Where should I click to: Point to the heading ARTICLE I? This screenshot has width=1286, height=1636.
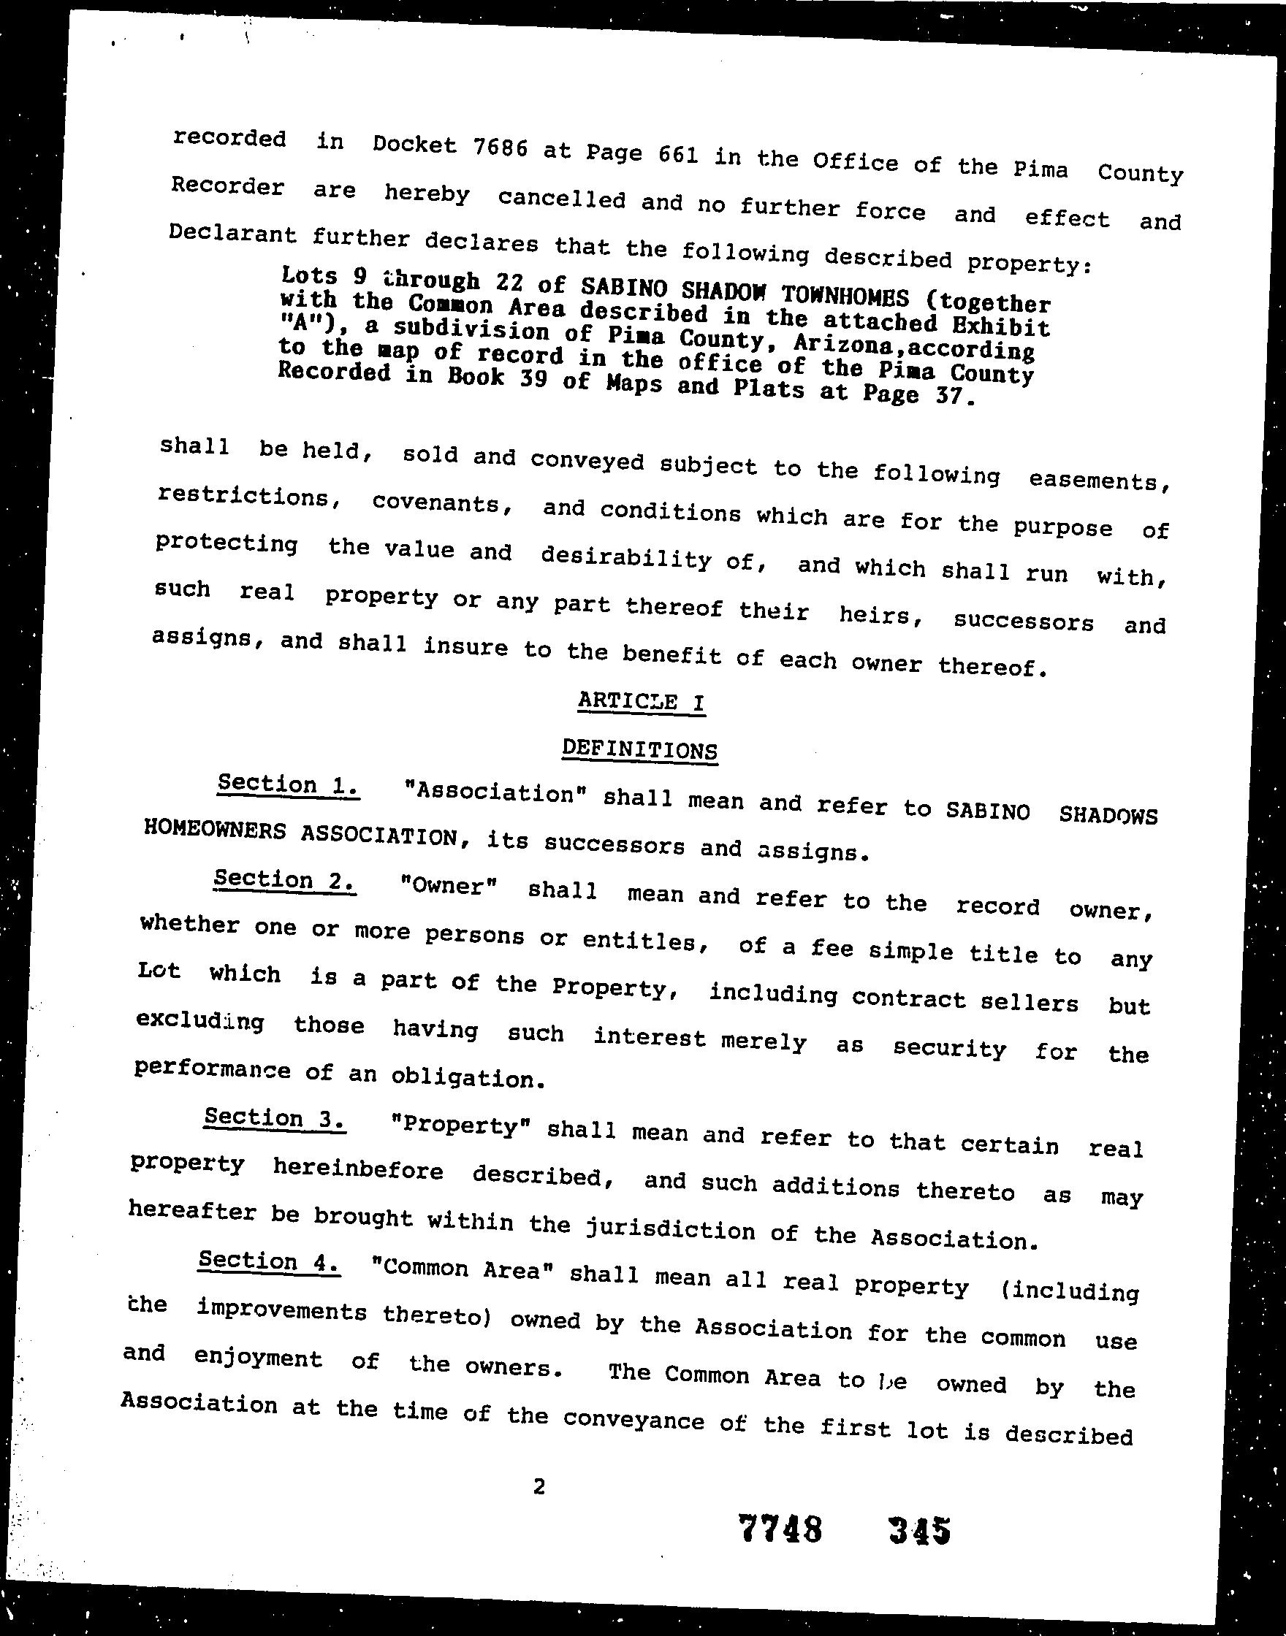point(642,701)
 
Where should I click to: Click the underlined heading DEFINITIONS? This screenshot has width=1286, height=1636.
point(640,749)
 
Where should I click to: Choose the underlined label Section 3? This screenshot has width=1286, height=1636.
point(275,1118)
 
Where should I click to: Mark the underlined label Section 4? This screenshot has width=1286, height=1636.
point(269,1261)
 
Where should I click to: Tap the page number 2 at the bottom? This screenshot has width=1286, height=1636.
point(539,1486)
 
